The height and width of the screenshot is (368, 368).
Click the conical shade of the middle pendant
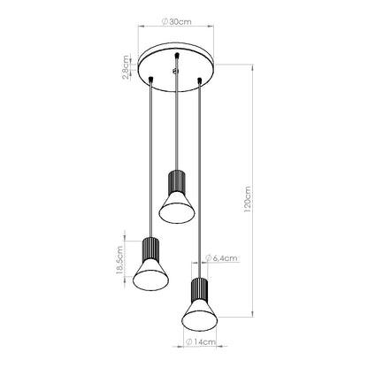point(173,208)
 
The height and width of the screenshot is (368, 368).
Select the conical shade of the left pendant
point(148,276)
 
